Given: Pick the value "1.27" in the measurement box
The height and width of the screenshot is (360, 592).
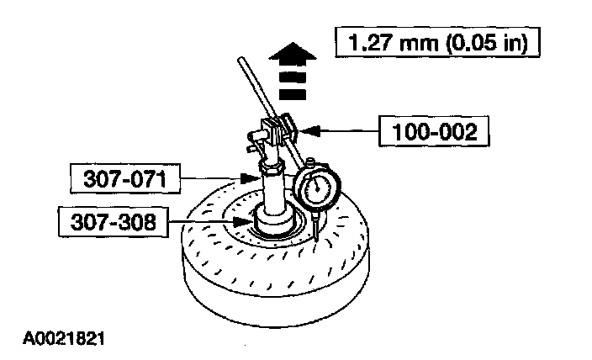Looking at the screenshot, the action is (x=367, y=40).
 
